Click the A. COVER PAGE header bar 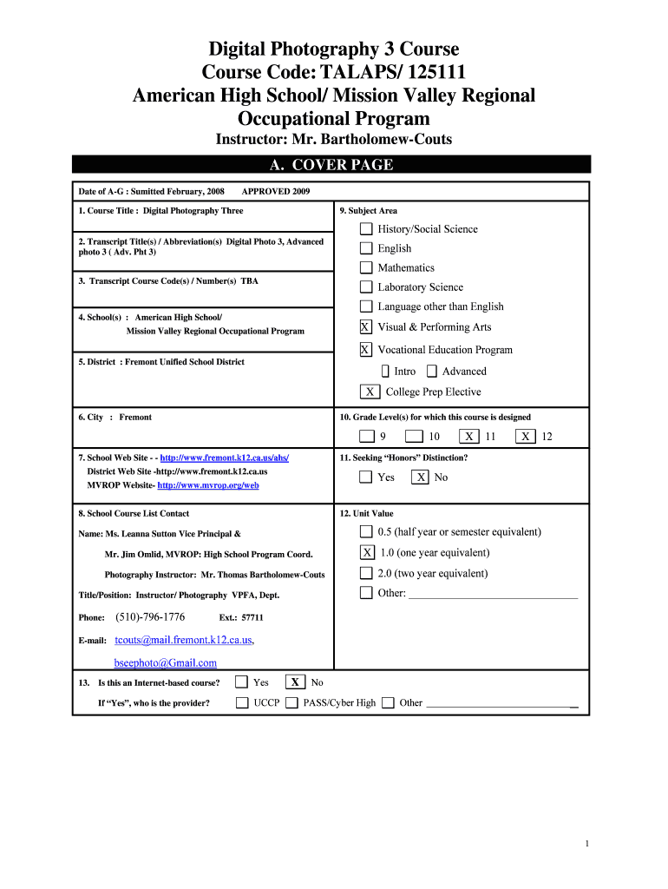[331, 165]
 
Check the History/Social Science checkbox [366, 229]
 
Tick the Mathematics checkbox [366, 267]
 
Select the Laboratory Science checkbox [366, 287]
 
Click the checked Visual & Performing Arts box [365, 327]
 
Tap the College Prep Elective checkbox [370, 392]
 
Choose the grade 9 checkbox [367, 437]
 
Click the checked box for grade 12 [525, 437]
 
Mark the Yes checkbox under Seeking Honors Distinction [365, 477]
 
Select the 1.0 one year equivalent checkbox [367, 553]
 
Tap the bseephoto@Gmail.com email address [166, 662]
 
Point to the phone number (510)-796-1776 [150, 617]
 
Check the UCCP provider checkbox [242, 702]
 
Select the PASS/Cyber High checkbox [292, 702]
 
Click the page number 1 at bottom [587, 844]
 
